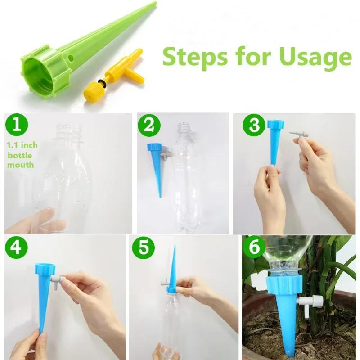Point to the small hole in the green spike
[72, 58]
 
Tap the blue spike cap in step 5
[171, 288]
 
